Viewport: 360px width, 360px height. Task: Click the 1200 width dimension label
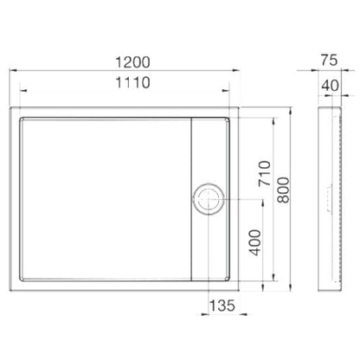132,62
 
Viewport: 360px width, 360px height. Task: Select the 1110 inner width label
132,82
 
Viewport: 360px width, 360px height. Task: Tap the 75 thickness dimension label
329,61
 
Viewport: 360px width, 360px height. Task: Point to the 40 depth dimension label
331,86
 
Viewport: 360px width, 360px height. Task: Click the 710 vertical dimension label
265,173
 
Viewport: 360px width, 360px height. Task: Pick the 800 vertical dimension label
283,190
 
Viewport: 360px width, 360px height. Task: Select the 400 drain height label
254,242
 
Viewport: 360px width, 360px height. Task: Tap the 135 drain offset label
222,305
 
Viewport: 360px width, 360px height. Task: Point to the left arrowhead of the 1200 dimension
13,70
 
